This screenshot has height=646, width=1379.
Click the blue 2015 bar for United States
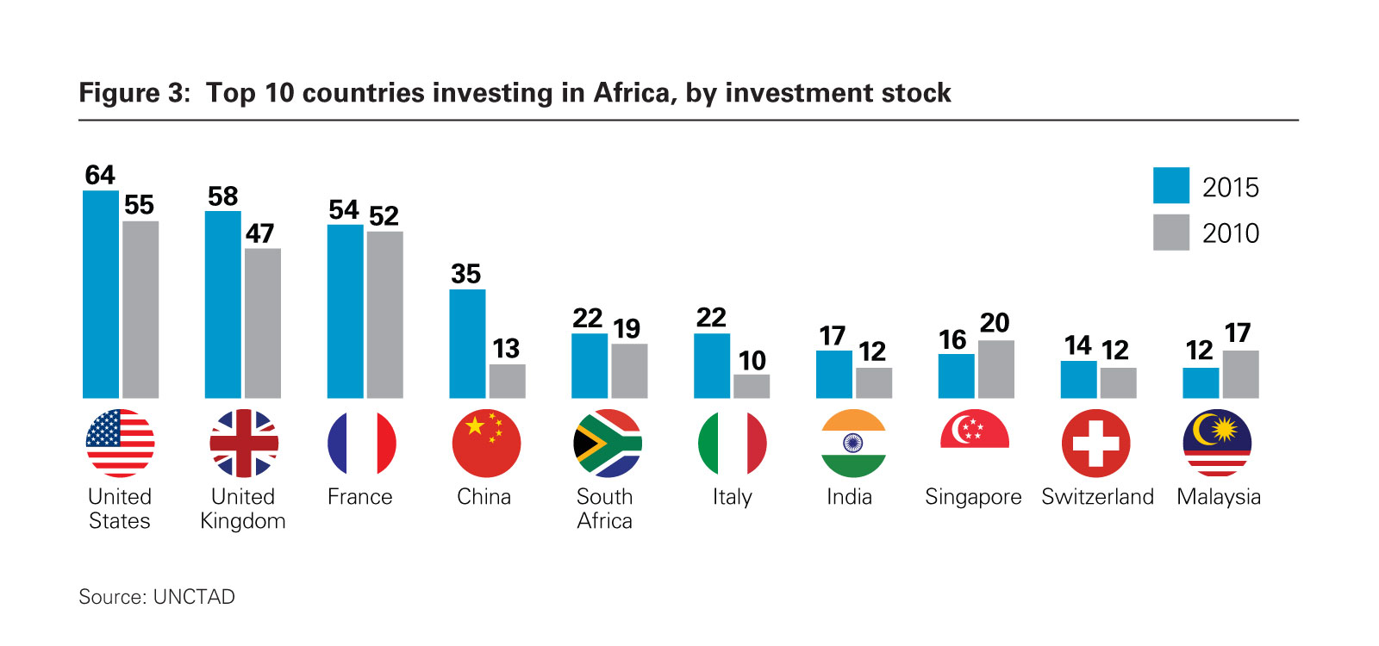[x=101, y=294]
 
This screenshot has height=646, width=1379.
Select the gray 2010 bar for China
[x=507, y=381]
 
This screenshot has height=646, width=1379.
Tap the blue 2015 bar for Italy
[x=711, y=365]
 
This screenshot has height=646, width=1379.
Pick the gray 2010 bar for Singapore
[x=995, y=369]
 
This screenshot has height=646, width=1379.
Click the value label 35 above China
[x=465, y=274]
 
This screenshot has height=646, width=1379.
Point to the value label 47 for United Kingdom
[x=259, y=233]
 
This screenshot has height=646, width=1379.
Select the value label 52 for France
[x=384, y=215]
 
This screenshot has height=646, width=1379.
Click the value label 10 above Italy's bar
[x=752, y=360]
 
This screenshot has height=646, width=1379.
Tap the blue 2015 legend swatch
[x=1170, y=185]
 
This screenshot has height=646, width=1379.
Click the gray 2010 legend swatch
[x=1170, y=232]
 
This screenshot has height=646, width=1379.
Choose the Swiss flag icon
[x=1095, y=443]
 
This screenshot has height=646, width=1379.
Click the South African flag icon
[x=607, y=443]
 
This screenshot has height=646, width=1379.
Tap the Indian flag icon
[x=852, y=443]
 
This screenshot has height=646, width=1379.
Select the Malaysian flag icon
[x=1217, y=443]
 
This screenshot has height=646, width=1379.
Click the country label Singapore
[x=973, y=497]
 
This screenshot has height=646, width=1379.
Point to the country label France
[x=359, y=497]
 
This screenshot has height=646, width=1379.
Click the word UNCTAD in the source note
[x=194, y=597]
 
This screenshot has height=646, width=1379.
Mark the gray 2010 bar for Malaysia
[x=1240, y=374]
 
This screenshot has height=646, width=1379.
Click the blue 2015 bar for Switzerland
[x=1078, y=379]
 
